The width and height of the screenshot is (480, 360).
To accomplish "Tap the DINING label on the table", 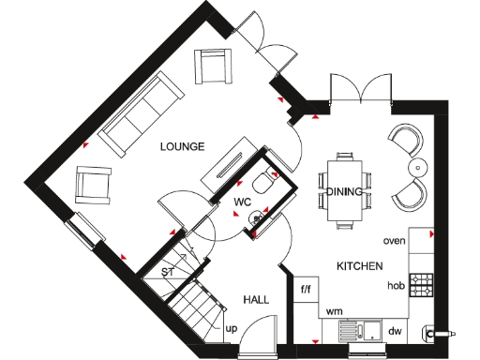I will (x=344, y=192).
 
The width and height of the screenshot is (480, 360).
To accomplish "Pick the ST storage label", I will (x=168, y=272).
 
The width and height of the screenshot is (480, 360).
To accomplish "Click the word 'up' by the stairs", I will (x=231, y=329).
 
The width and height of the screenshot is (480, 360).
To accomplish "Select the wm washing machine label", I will (x=332, y=309).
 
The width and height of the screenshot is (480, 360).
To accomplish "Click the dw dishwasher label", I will (x=395, y=330).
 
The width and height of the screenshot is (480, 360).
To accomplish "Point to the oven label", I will (x=394, y=241).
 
